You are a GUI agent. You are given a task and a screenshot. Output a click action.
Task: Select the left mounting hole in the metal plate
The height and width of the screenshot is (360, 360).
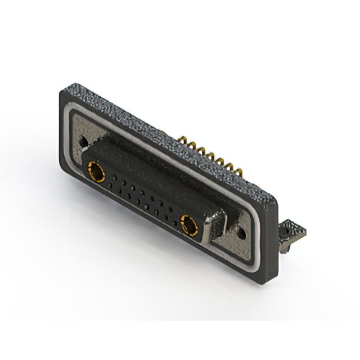tap(84, 141)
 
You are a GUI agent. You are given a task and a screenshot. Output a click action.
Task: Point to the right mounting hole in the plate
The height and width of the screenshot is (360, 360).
tap(242, 230)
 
